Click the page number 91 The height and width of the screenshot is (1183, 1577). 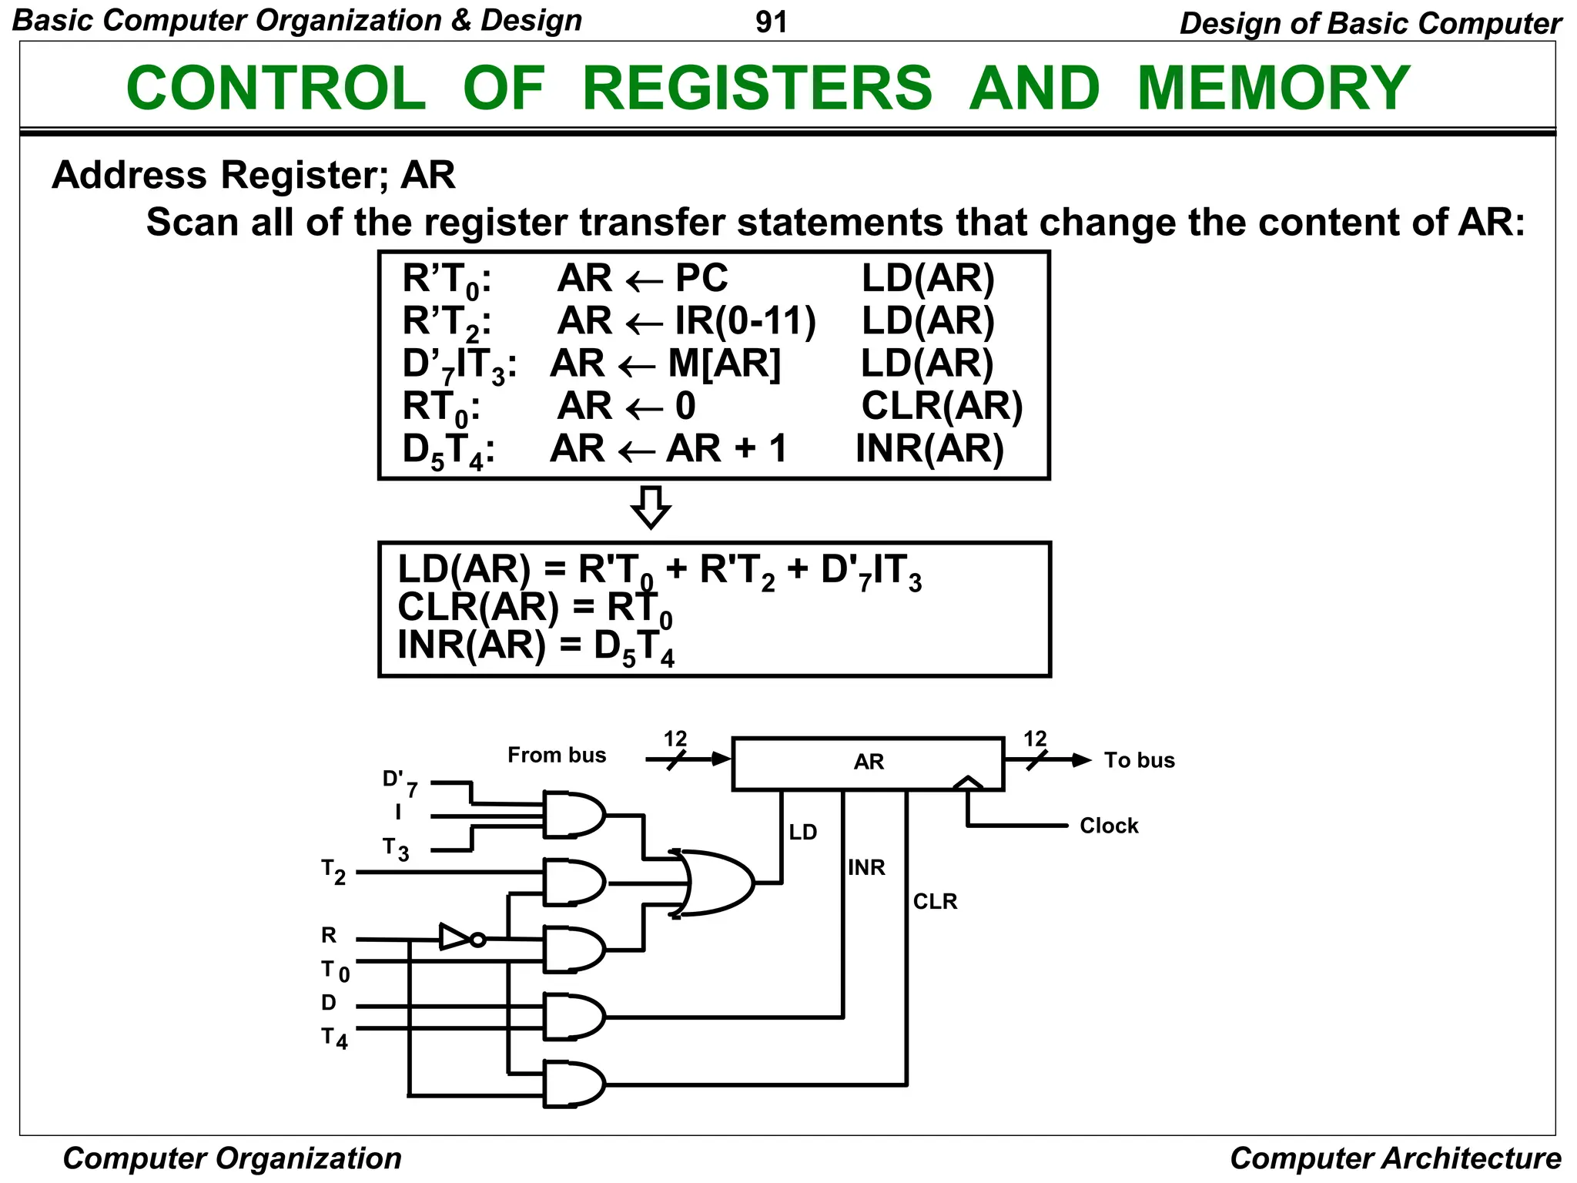pyautogui.click(x=771, y=22)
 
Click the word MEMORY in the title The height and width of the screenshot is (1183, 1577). pyautogui.click(x=1273, y=89)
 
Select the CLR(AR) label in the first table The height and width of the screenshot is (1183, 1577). pyautogui.click(x=941, y=406)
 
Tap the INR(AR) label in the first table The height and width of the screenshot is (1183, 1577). pyautogui.click(x=929, y=449)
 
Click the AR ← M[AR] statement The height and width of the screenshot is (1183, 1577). pyautogui.click(x=665, y=364)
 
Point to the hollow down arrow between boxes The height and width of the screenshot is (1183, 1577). pyautogui.click(x=651, y=507)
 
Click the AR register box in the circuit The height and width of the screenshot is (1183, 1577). pyautogui.click(x=868, y=762)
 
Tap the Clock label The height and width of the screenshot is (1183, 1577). pyautogui.click(x=1108, y=826)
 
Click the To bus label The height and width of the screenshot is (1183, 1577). pyautogui.click(x=1139, y=760)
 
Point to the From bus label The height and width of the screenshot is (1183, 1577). pyautogui.click(x=557, y=755)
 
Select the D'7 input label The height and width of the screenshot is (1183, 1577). pyautogui.click(x=400, y=783)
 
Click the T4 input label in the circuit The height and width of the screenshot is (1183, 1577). pyautogui.click(x=334, y=1038)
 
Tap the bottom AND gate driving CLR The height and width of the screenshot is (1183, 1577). pyautogui.click(x=573, y=1084)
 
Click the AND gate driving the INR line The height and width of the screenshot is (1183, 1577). pyautogui.click(x=573, y=1017)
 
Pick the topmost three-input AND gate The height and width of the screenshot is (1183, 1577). pyautogui.click(x=573, y=814)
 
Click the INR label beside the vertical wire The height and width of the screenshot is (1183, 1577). pyautogui.click(x=866, y=868)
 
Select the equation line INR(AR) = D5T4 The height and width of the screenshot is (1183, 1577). pyautogui.click(x=536, y=646)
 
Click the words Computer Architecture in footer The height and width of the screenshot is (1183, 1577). pyautogui.click(x=1395, y=1158)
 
